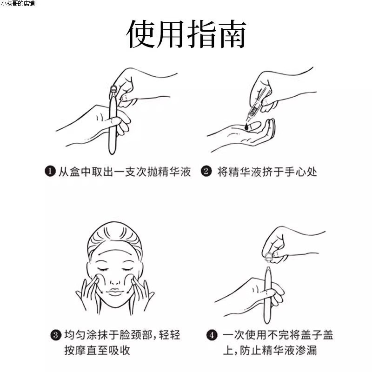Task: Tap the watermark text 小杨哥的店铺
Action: tap(17, 4)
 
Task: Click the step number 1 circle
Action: tap(50, 172)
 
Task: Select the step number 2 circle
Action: tap(206, 172)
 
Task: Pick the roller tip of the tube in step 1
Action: tap(113, 89)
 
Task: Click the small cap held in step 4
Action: tap(269, 255)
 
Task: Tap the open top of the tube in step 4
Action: tap(269, 269)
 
